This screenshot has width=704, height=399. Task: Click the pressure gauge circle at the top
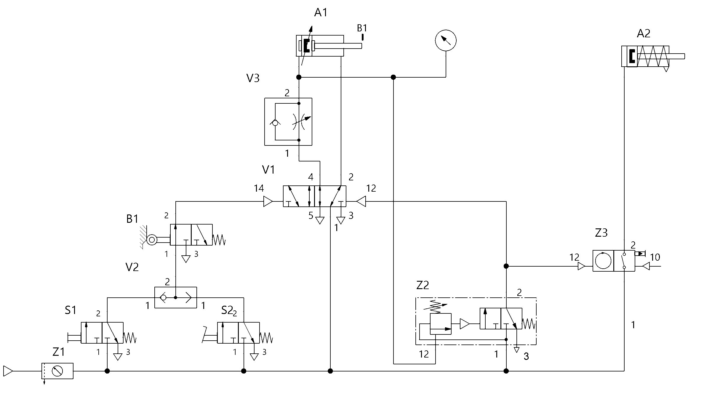(446, 40)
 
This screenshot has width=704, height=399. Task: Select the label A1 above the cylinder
(321, 13)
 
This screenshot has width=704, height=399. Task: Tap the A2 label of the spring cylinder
(644, 33)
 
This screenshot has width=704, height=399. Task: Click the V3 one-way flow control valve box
(288, 122)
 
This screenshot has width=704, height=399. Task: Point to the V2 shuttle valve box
(175, 297)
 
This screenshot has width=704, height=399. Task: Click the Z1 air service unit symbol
(57, 371)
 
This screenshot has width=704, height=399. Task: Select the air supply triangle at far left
(8, 371)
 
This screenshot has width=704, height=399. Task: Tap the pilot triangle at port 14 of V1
(268, 202)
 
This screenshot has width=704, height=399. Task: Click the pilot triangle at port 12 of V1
(361, 202)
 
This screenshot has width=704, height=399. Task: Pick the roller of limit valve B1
(152, 239)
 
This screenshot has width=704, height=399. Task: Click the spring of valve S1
(129, 338)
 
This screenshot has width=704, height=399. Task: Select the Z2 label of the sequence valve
(423, 285)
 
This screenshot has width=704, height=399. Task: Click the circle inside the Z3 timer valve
(603, 261)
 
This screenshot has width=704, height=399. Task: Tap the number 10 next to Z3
(655, 257)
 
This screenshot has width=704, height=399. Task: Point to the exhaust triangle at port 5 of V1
(320, 220)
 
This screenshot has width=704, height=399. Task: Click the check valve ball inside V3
(275, 122)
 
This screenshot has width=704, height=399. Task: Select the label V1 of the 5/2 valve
(268, 170)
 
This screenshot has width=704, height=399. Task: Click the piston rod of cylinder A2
(676, 56)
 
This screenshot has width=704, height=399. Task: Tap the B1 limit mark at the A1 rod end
(362, 37)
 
